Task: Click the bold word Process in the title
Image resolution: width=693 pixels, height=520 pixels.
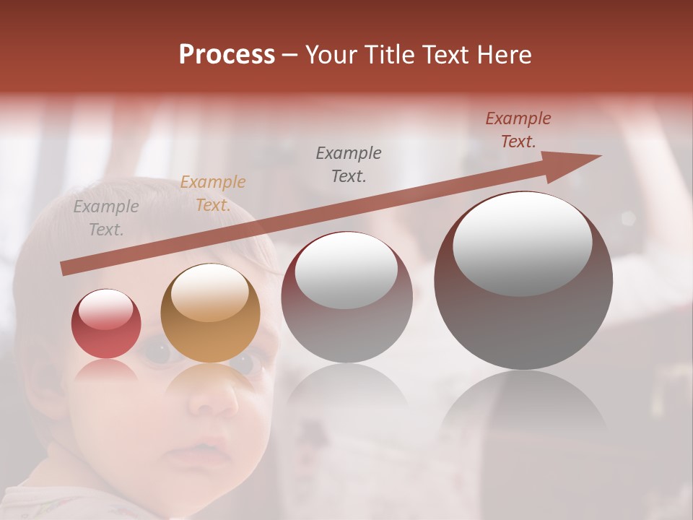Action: (227, 55)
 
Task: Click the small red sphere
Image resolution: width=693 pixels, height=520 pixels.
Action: (106, 324)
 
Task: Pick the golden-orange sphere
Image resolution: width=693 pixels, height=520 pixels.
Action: (210, 313)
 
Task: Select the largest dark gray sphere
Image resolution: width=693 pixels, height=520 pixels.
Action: (523, 280)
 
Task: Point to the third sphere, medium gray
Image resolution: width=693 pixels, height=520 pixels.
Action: (346, 297)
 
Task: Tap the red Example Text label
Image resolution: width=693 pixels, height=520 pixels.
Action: (518, 130)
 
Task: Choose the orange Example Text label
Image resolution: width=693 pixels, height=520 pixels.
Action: (212, 194)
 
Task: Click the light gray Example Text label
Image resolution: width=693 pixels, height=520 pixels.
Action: (106, 218)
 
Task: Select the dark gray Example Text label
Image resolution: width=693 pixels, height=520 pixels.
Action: (348, 165)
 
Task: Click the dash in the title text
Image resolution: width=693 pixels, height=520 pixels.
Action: (290, 55)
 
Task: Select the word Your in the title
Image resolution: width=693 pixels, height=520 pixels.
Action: (331, 55)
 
